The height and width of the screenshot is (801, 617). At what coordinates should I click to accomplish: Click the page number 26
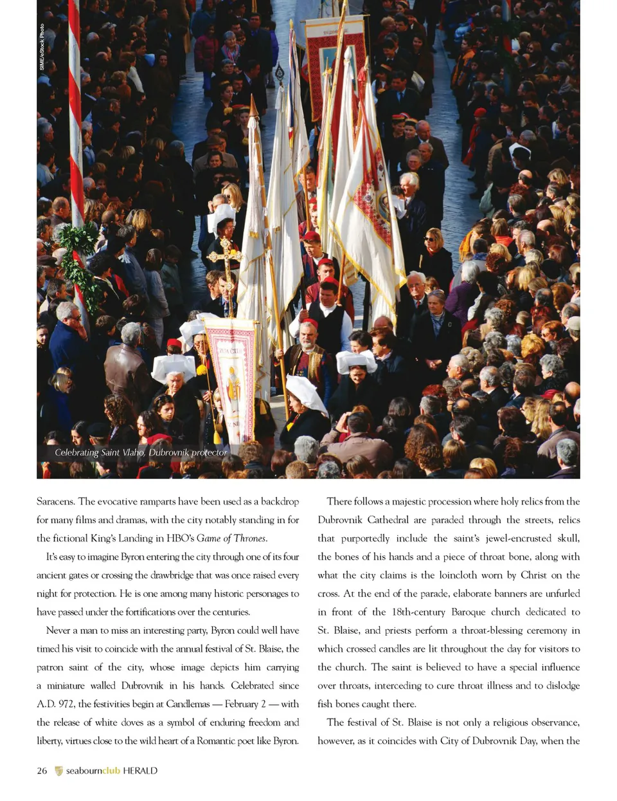click(x=42, y=771)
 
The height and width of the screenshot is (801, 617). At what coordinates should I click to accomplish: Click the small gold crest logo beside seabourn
click(x=59, y=771)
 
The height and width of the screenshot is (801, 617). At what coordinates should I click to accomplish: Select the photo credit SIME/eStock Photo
click(x=42, y=47)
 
